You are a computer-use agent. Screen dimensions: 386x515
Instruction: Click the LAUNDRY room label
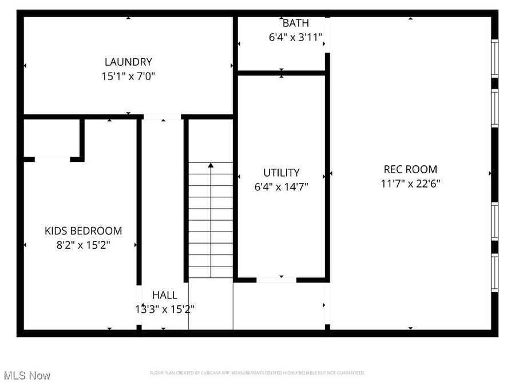[128, 62]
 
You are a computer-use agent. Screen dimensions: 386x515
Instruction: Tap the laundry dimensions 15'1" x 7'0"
[128, 75]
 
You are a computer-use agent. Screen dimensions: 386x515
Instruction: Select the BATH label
[296, 23]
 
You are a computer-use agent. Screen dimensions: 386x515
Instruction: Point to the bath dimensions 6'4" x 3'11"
[296, 38]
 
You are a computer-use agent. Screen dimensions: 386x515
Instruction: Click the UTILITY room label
[282, 172]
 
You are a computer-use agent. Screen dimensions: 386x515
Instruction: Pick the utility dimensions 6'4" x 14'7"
[282, 186]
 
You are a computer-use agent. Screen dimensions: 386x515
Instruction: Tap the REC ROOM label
[410, 169]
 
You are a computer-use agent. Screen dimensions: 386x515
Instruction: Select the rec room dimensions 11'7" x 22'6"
[410, 184]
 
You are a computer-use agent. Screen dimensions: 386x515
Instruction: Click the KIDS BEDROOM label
[84, 231]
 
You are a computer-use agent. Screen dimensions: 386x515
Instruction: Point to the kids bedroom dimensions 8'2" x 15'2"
[84, 245]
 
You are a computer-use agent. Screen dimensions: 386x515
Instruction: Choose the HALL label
[164, 295]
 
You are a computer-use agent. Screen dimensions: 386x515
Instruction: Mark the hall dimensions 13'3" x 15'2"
[164, 309]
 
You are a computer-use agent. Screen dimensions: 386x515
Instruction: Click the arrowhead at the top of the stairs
[211, 165]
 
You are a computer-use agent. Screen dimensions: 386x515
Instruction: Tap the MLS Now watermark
[27, 376]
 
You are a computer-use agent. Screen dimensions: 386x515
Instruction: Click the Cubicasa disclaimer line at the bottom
[257, 373]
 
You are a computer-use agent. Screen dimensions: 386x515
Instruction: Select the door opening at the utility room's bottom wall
[276, 280]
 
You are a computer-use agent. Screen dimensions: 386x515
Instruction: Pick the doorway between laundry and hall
[162, 117]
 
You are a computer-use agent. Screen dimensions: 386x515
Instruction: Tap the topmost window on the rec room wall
[494, 58]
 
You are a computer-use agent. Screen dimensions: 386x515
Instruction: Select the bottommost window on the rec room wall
[494, 273]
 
